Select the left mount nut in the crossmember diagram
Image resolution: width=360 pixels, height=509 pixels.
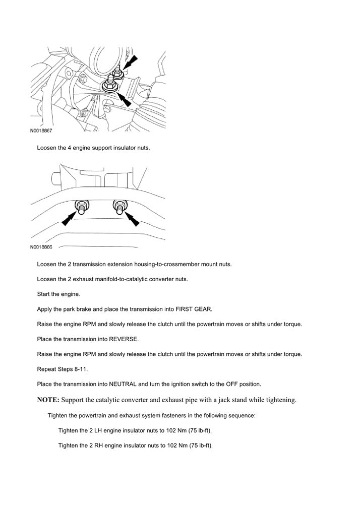tap(81, 206)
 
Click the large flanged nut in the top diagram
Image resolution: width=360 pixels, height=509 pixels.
tap(109, 86)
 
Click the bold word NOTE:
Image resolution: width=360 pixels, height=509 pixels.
tap(48, 400)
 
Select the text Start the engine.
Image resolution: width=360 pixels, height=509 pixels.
tap(58, 294)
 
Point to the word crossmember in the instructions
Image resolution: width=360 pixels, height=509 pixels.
tap(178, 264)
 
